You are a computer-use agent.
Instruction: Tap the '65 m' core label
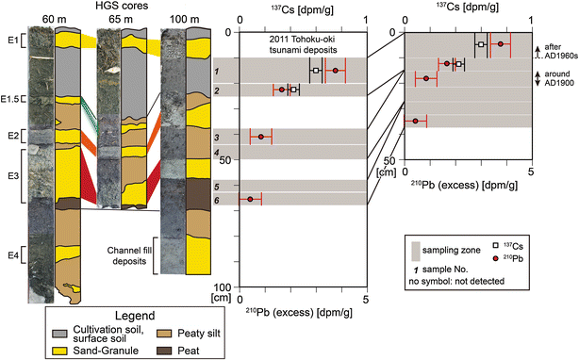click(124, 19)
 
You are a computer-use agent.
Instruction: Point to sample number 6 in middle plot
click(217, 200)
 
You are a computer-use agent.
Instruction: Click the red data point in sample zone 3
click(261, 137)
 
